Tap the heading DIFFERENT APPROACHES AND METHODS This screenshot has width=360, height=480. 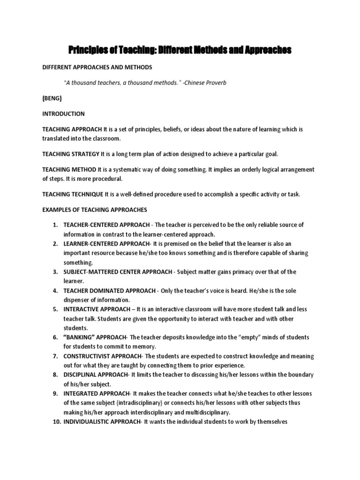97,67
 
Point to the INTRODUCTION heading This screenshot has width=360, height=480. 63,113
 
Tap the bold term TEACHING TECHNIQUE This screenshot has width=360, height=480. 73,194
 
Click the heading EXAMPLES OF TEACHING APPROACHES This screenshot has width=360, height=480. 95,210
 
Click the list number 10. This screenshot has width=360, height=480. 53,422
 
